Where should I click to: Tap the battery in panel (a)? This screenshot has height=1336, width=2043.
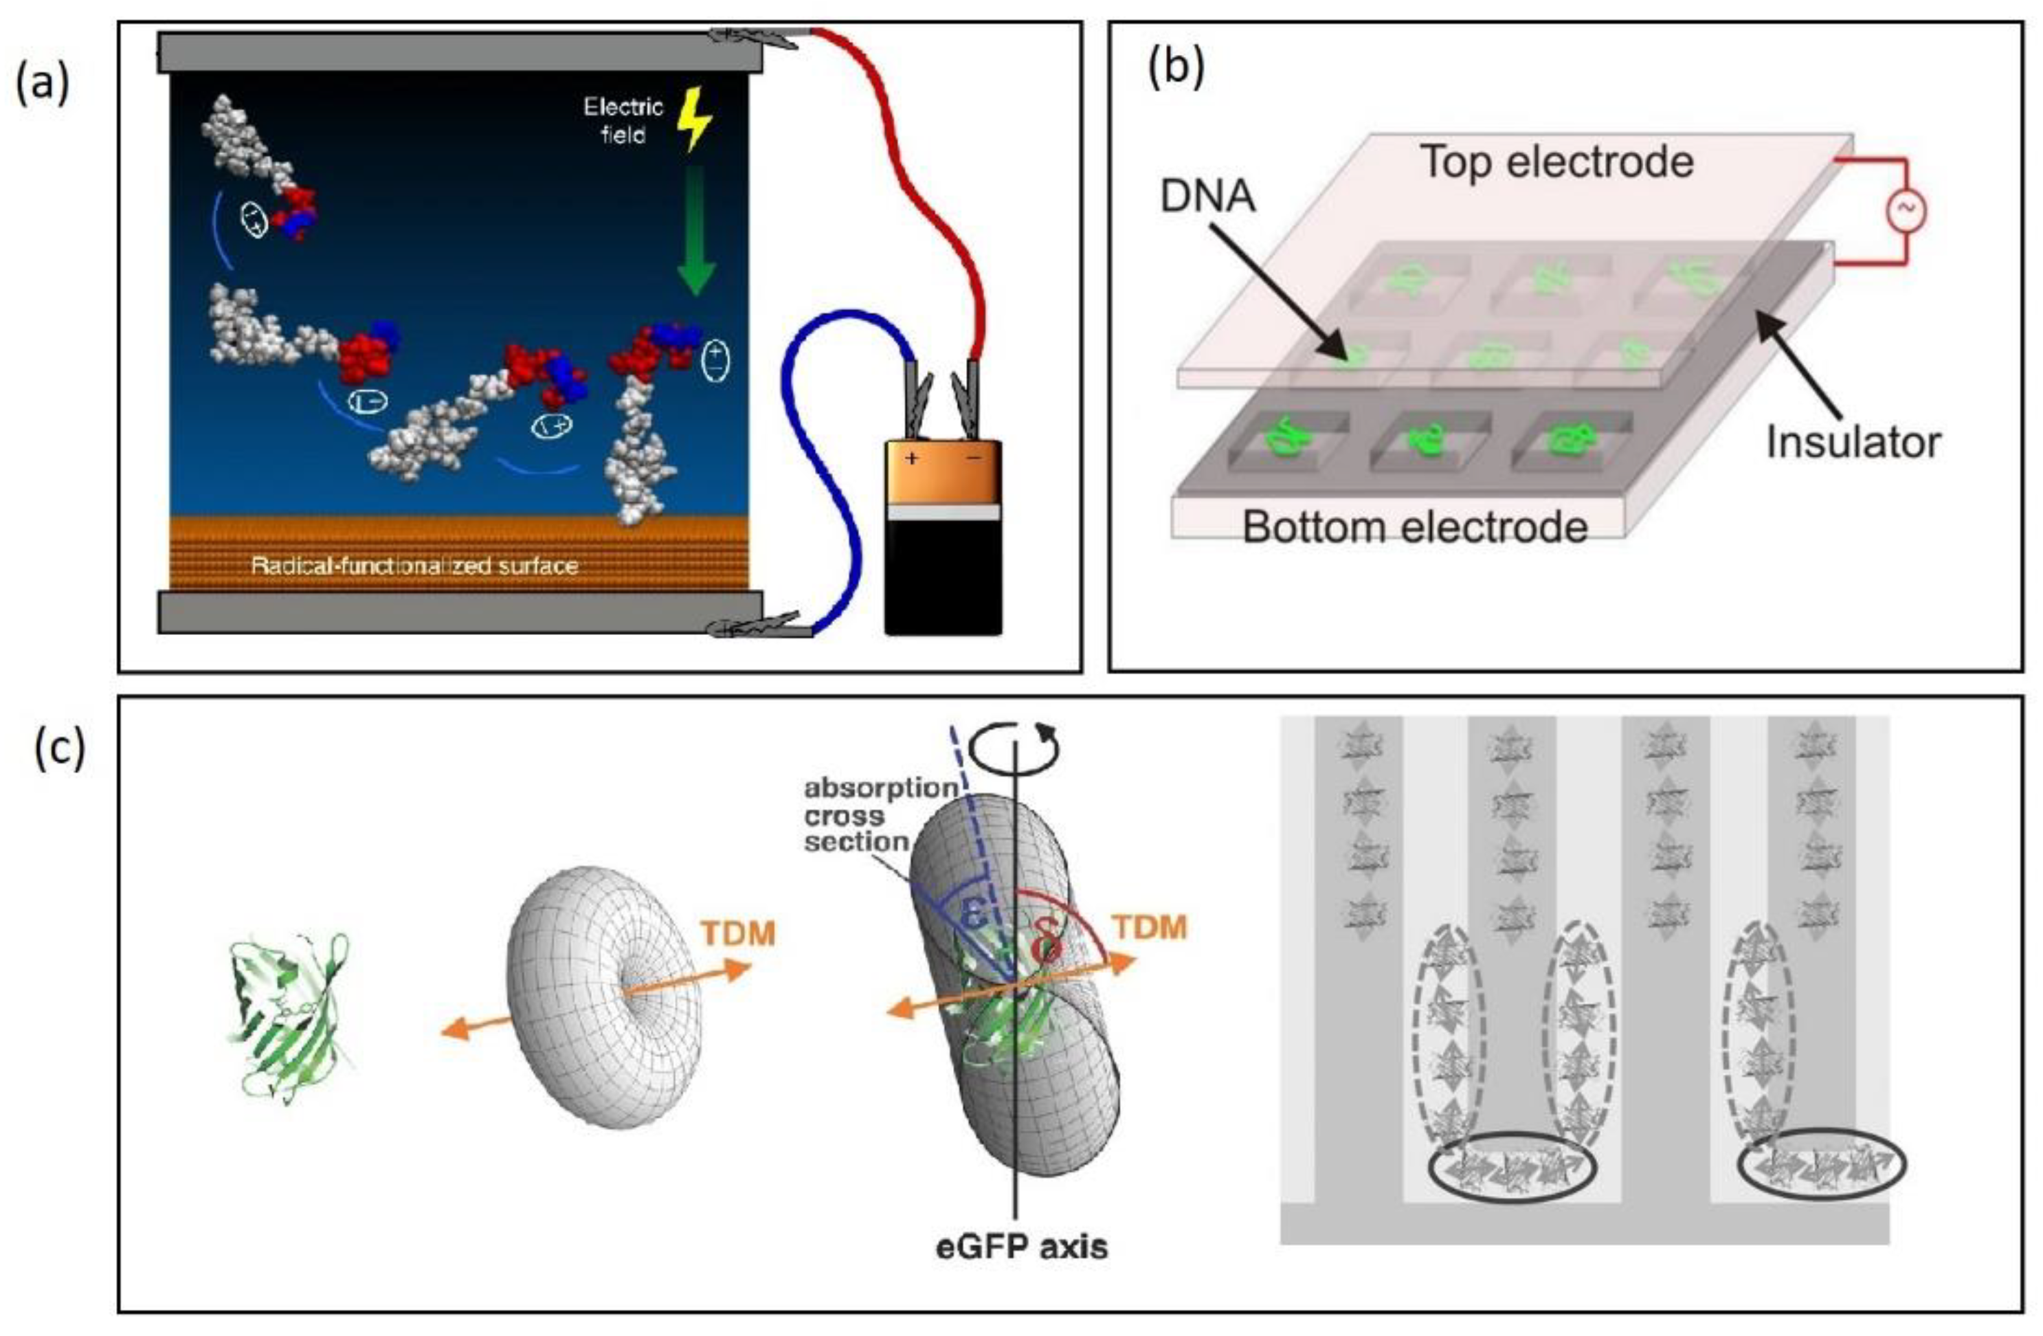point(944,537)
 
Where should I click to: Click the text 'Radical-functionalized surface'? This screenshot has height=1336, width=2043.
point(414,566)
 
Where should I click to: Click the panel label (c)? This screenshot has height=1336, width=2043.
point(60,748)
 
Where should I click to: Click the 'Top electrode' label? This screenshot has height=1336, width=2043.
point(1557,162)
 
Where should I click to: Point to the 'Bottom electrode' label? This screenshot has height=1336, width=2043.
point(1415,526)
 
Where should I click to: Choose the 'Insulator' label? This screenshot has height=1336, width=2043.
point(1853,442)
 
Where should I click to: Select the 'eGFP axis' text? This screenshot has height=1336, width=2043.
point(1021,1246)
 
